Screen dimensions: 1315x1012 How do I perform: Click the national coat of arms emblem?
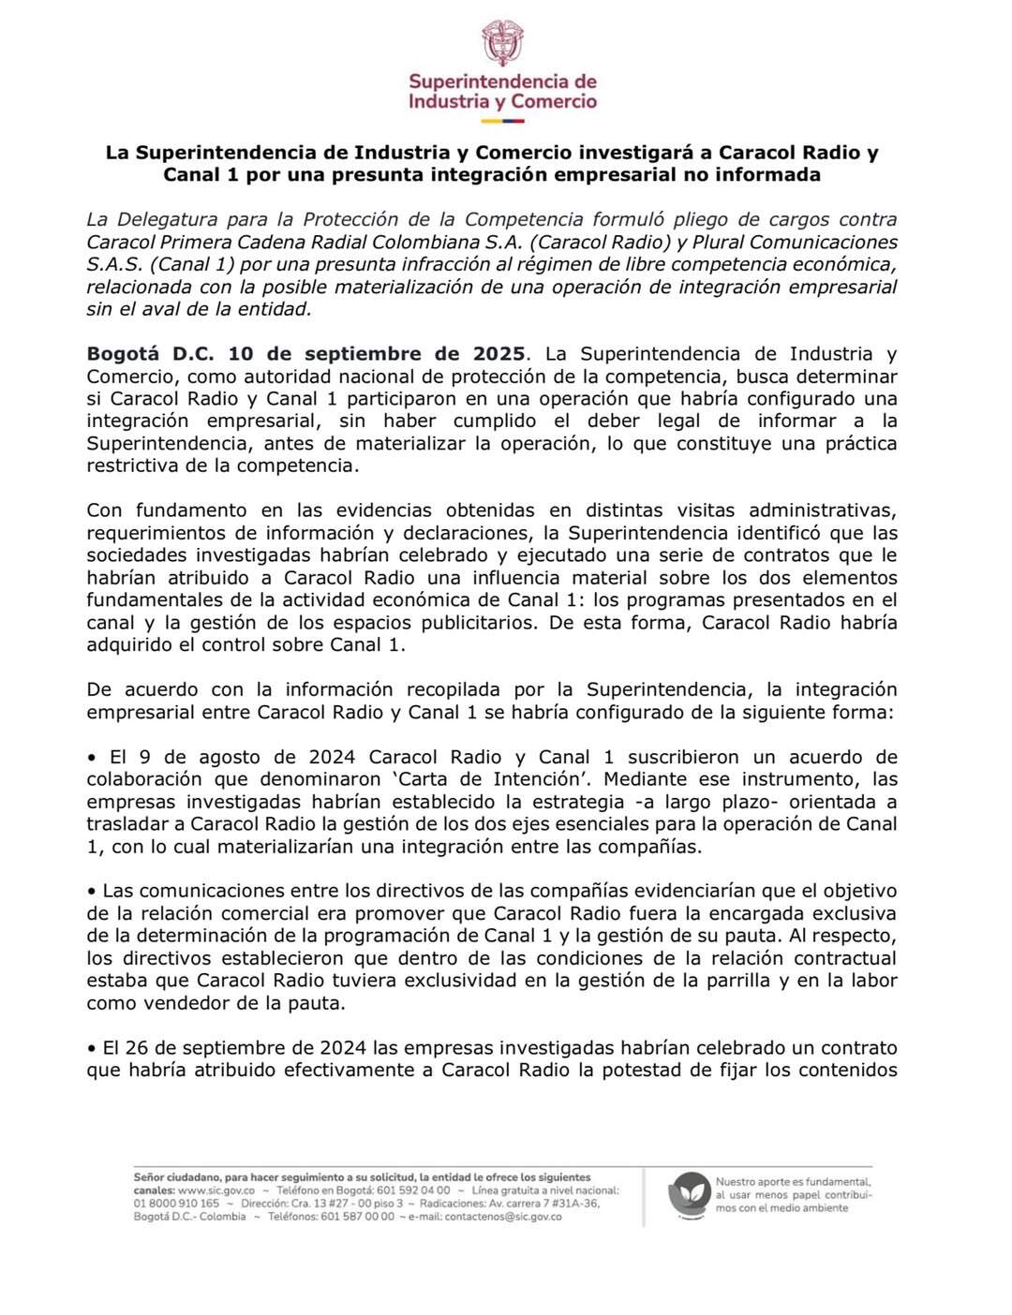click(502, 43)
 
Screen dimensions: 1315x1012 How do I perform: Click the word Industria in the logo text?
click(448, 102)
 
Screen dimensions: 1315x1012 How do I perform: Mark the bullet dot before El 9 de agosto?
click(92, 758)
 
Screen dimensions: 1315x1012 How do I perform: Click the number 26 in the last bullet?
click(144, 1048)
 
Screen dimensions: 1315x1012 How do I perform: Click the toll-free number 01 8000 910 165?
click(177, 1204)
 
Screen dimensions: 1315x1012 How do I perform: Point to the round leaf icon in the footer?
click(689, 1195)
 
